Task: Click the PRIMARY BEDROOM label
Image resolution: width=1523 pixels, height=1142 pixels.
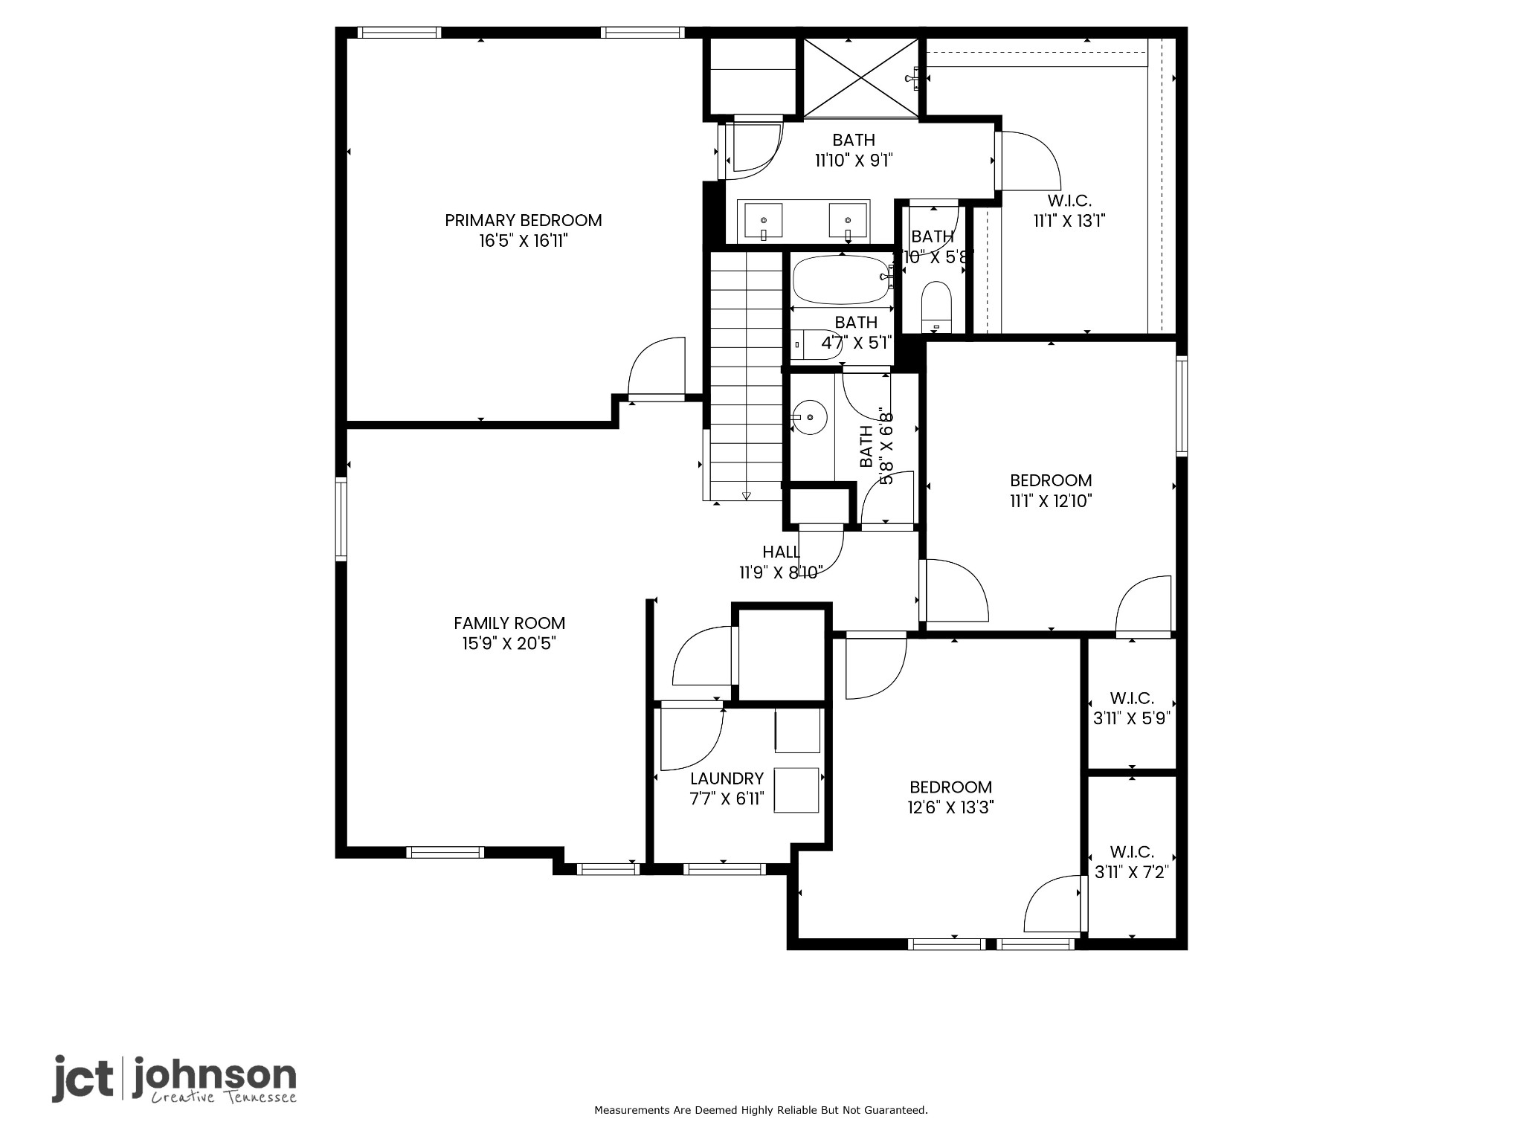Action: tap(523, 220)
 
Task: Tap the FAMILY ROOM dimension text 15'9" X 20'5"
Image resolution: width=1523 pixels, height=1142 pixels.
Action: tap(509, 643)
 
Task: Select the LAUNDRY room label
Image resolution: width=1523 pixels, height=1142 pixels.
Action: tap(727, 778)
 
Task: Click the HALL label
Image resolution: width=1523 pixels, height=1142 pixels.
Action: tap(781, 552)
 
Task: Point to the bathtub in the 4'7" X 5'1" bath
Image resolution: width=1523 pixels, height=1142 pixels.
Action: tap(841, 280)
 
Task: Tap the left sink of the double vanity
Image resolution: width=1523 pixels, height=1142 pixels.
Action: tap(764, 221)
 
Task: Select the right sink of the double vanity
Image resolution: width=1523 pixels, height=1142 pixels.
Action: tap(849, 221)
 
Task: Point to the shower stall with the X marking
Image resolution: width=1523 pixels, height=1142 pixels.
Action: tap(860, 77)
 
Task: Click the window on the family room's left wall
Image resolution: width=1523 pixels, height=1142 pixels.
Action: tap(341, 519)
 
